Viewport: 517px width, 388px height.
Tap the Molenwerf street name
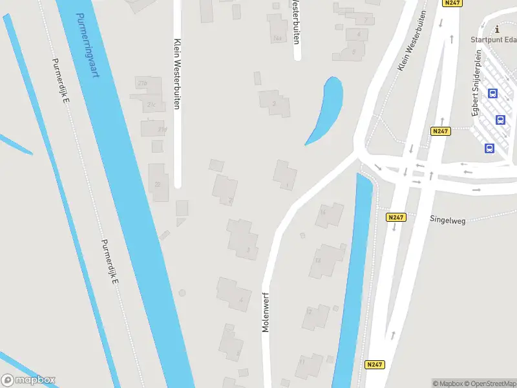[265, 311]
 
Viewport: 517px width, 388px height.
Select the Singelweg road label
[448, 219]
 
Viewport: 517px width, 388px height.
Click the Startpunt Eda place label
[493, 40]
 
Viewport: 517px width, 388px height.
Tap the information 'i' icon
[496, 28]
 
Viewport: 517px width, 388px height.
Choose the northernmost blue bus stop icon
[492, 93]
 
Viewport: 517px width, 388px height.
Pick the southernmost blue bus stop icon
[489, 148]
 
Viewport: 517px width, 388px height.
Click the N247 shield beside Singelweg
[396, 218]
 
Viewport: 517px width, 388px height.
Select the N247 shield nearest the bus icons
[439, 131]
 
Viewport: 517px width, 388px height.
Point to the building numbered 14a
[278, 38]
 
